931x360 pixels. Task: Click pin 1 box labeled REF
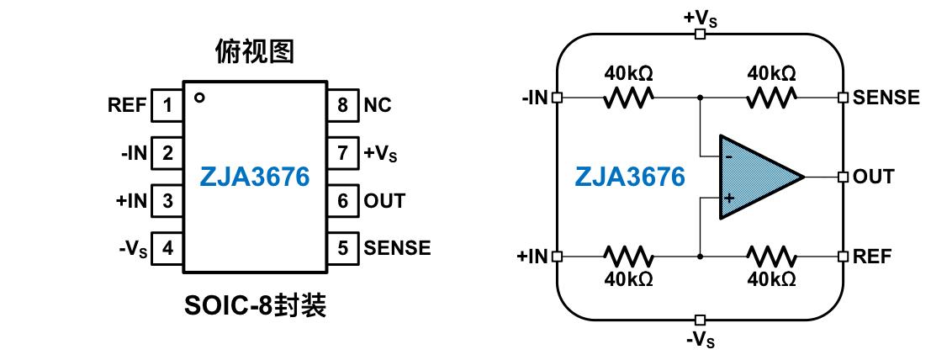[x=167, y=105]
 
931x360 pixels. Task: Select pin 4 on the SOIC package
[x=167, y=249]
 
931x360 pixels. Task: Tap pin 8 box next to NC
[x=342, y=105]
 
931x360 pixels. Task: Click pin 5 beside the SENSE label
[x=342, y=249]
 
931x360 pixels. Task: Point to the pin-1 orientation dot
[x=199, y=98]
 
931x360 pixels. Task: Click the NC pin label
[x=378, y=106]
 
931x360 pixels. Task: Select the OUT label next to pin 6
[x=384, y=201]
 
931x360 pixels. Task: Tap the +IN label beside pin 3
[x=132, y=201]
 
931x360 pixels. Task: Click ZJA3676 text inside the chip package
[x=255, y=177]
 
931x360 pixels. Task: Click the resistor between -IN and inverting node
[x=628, y=98]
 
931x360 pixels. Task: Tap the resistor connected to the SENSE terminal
[x=771, y=98]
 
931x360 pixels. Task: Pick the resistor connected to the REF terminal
[x=771, y=256]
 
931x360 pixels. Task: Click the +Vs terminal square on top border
[x=700, y=34]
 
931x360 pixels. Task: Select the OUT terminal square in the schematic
[x=843, y=177]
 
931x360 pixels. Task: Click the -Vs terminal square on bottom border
[x=700, y=320]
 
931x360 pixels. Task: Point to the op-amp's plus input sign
[x=729, y=198]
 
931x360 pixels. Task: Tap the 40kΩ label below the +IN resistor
[x=628, y=278]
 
